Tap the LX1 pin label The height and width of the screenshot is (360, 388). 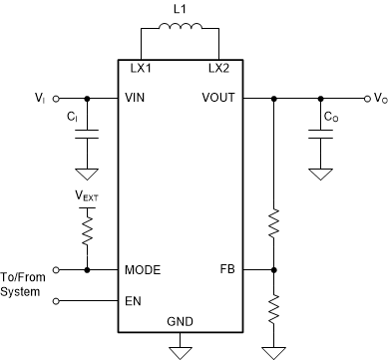pos(141,69)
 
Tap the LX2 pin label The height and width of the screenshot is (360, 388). pos(218,69)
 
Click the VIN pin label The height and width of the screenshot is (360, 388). pos(135,99)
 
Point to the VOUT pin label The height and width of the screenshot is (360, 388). pos(219,99)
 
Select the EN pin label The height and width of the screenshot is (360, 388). pos(131,298)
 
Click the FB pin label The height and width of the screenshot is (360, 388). pos(227,270)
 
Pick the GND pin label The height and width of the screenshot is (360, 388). pos(180,322)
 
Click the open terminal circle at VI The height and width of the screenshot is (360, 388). pos(56,99)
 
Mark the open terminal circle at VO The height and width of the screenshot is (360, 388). pos(360,99)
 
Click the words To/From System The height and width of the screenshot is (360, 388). pos(23,283)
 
